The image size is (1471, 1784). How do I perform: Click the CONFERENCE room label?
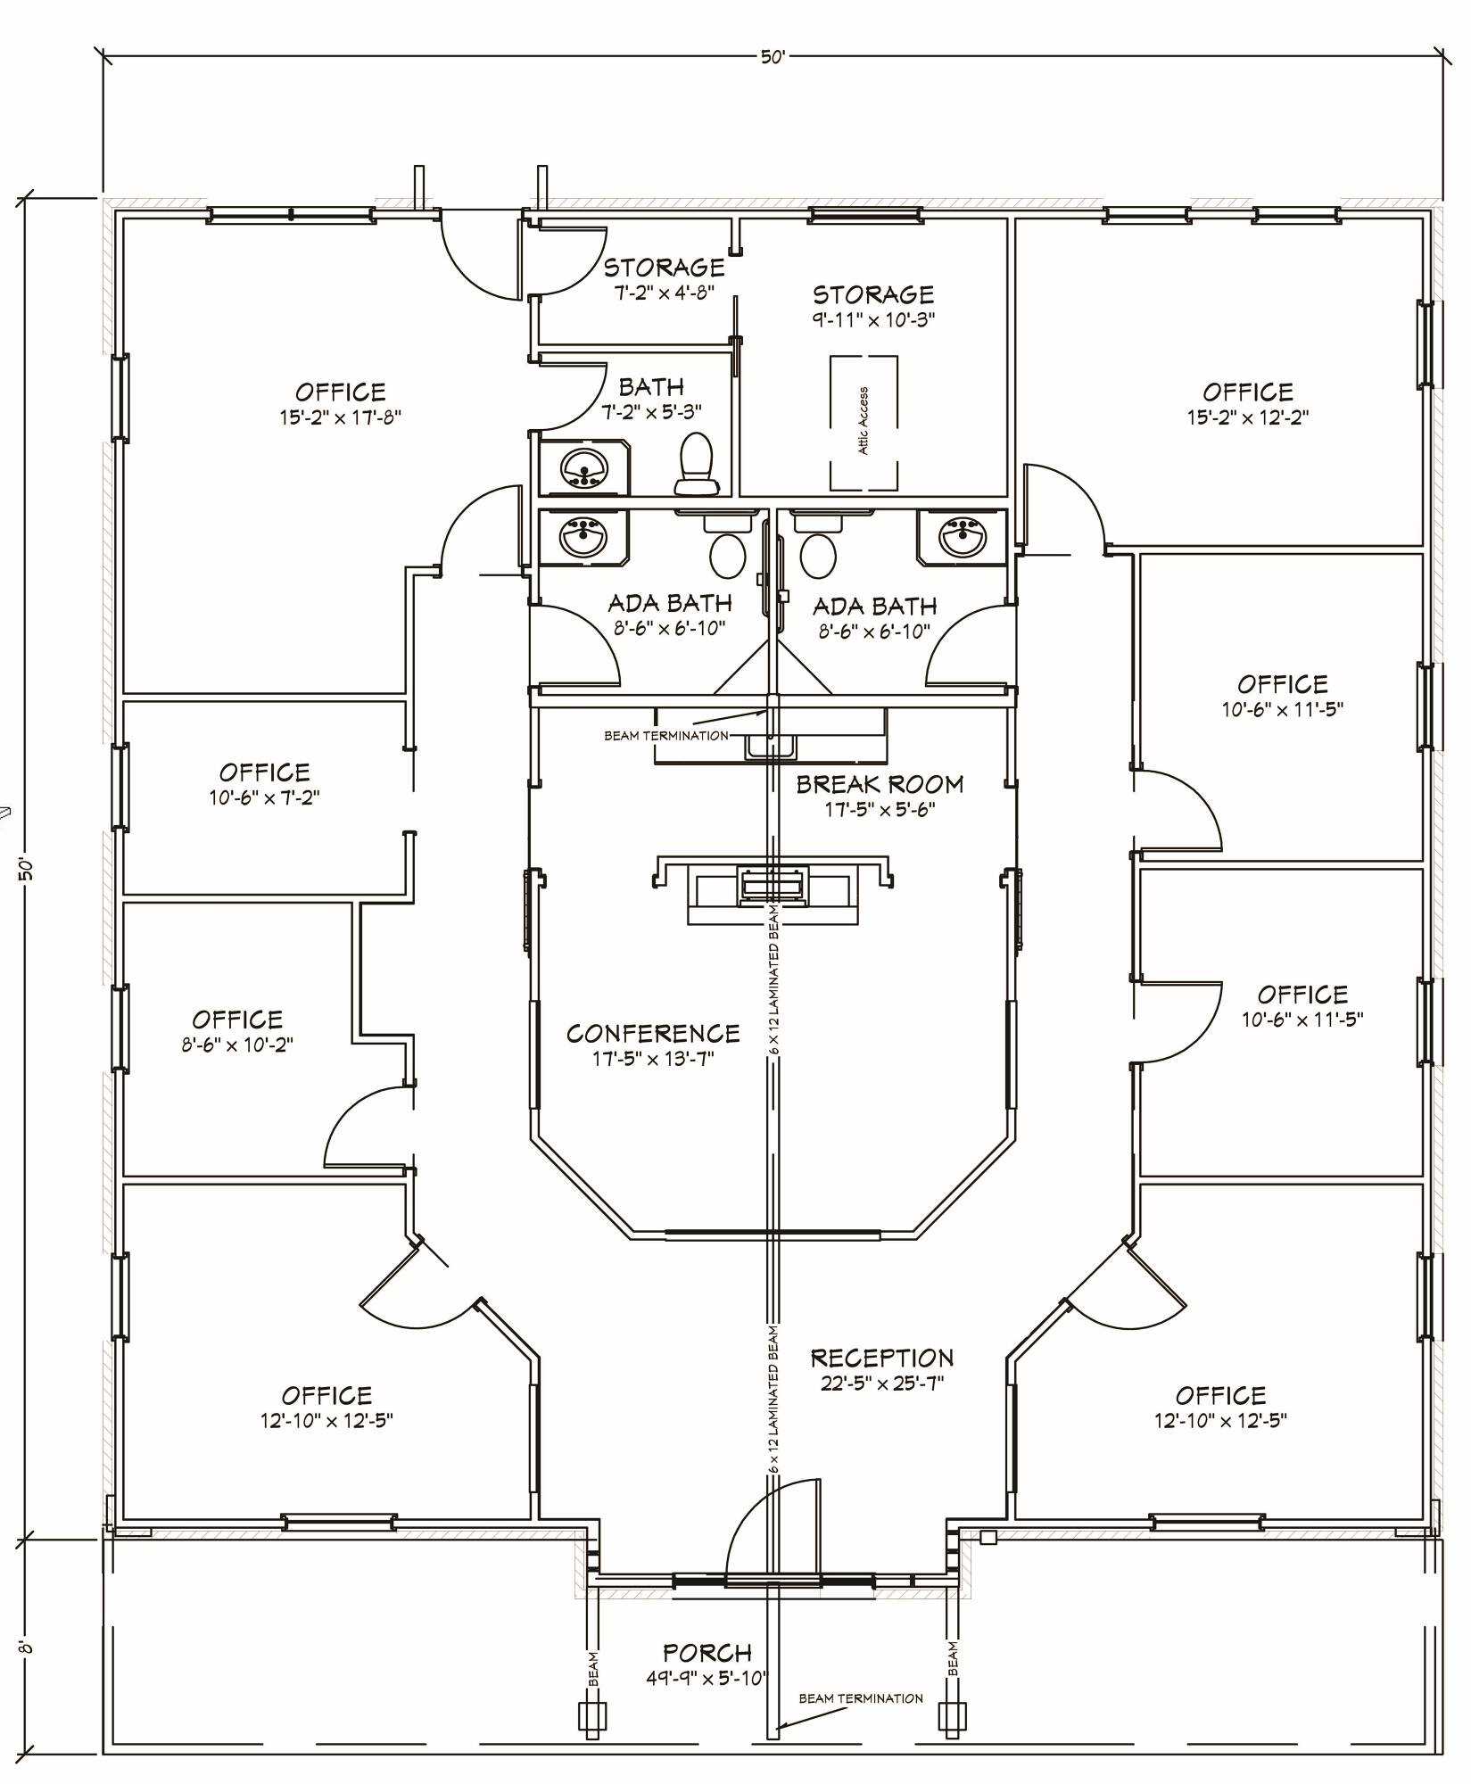[x=653, y=1033]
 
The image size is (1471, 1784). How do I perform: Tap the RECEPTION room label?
[x=882, y=1359]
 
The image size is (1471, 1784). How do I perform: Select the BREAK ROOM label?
[x=880, y=784]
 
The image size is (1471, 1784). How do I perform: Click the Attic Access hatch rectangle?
[x=864, y=423]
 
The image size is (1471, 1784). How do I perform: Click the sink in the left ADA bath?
[x=583, y=538]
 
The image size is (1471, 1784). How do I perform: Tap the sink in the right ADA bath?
[x=962, y=537]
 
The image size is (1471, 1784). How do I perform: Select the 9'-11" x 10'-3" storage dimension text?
[x=873, y=319]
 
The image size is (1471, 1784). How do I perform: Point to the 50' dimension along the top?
[x=773, y=57]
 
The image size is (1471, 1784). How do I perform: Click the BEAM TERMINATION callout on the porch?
[x=861, y=1698]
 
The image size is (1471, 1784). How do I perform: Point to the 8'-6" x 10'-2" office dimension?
[x=237, y=1044]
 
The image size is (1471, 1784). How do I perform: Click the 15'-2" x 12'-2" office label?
[x=1247, y=404]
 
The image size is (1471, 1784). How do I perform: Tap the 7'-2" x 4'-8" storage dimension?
[x=664, y=292]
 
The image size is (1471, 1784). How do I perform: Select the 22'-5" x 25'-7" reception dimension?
[x=882, y=1383]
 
